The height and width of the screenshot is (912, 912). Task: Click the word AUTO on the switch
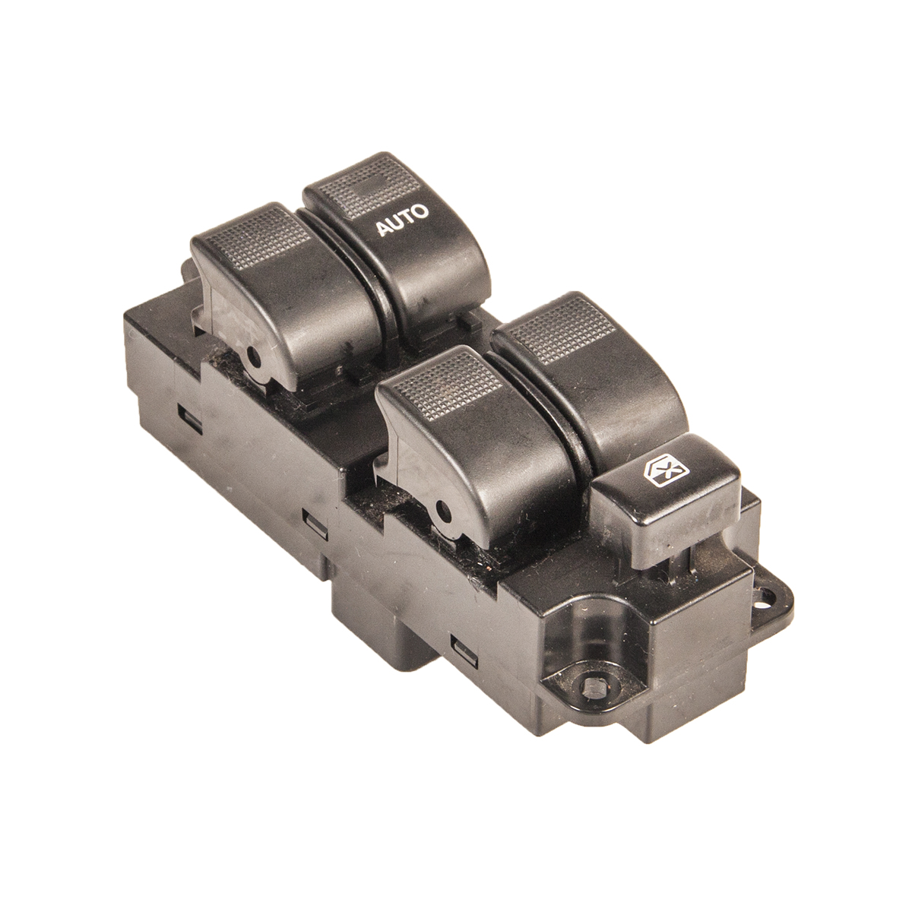[x=402, y=220]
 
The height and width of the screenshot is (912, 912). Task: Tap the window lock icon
[x=663, y=471]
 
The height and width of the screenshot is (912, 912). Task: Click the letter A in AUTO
[x=383, y=229]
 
